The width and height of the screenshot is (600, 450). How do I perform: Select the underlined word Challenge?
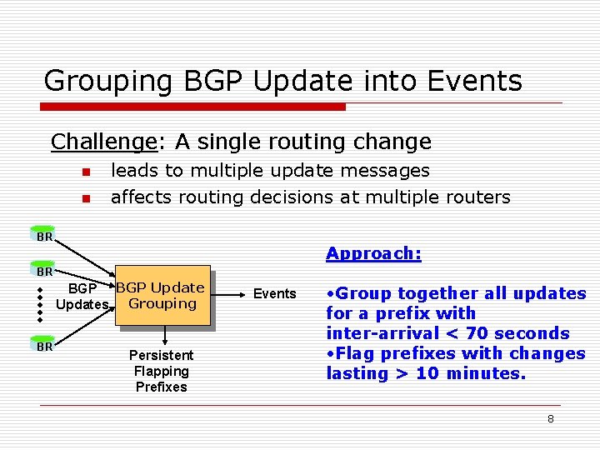[103, 142]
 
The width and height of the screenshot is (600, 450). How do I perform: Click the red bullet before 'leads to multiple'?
[84, 172]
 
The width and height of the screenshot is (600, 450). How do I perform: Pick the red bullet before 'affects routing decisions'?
[84, 199]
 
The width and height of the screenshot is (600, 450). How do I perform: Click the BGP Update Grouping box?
[162, 296]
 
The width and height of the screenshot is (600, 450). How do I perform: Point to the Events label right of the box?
[274, 293]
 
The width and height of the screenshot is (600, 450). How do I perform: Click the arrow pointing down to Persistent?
[166, 335]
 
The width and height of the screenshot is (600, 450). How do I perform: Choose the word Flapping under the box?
[161, 371]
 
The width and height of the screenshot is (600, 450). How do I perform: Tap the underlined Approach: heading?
[373, 254]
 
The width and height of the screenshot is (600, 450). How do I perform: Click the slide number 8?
[550, 418]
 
